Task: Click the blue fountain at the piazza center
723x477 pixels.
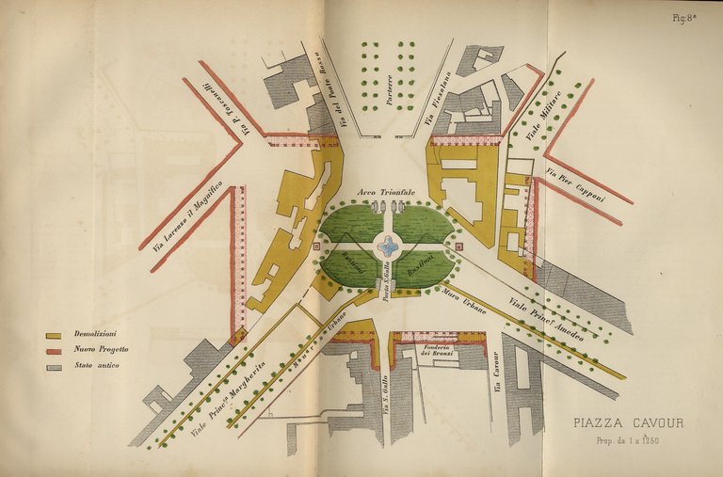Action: click(387, 247)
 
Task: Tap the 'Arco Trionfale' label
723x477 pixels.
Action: click(386, 192)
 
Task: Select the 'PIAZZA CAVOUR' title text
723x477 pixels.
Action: click(629, 422)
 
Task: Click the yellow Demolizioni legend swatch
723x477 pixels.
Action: click(54, 335)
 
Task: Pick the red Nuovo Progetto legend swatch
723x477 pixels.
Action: click(54, 350)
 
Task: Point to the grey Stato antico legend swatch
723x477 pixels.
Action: click(54, 366)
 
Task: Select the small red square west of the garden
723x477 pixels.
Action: click(316, 246)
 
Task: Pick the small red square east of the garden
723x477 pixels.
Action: click(459, 246)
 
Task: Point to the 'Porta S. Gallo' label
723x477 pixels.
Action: click(387, 282)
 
